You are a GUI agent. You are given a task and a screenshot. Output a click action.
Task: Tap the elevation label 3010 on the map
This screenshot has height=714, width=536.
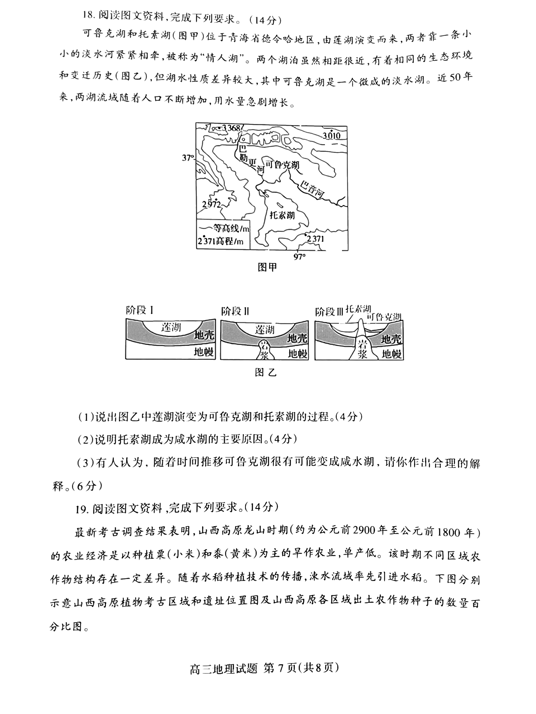point(331,136)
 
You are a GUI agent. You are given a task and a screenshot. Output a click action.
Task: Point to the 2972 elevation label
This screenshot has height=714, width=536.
point(211,204)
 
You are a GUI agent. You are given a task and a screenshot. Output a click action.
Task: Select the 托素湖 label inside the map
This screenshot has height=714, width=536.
point(282,215)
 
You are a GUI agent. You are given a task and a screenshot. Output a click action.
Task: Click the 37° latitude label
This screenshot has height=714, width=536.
point(188,158)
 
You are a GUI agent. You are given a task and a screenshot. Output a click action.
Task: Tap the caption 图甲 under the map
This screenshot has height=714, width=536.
point(267,267)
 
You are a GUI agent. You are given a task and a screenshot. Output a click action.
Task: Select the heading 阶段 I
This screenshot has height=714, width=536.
point(139,311)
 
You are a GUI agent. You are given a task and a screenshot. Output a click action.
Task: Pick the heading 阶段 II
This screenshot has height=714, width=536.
point(235,311)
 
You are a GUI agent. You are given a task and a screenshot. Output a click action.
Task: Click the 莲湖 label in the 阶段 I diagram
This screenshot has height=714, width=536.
point(171,328)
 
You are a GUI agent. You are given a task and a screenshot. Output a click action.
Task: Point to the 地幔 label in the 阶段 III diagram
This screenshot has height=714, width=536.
point(391,354)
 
